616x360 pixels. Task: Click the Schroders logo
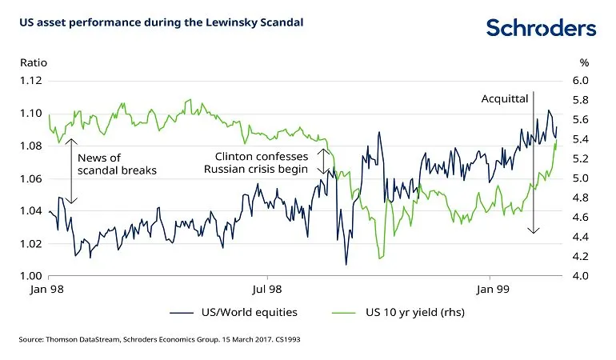(x=541, y=27)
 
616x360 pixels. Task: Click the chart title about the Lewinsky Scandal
(x=162, y=22)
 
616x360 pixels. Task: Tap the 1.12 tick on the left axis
(x=30, y=81)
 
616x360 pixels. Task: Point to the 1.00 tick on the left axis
(x=30, y=276)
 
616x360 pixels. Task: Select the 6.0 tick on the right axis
(x=580, y=81)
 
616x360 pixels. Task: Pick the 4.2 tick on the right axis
(x=580, y=256)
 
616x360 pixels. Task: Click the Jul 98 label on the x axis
(x=267, y=290)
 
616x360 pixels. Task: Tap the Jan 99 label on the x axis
(x=493, y=290)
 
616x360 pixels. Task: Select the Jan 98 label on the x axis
(x=46, y=290)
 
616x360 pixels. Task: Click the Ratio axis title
(x=34, y=63)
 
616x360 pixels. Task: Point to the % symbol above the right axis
(x=584, y=63)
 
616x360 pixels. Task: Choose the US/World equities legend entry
(x=234, y=313)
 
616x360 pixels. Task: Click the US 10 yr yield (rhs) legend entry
(x=398, y=313)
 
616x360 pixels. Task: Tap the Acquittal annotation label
(x=505, y=98)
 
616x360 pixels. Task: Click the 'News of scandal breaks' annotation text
(x=117, y=164)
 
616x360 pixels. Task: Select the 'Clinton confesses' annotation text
(x=262, y=157)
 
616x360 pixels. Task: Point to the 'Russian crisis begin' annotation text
(x=256, y=169)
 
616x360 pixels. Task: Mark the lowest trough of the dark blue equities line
(x=346, y=265)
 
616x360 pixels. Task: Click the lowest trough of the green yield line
(x=379, y=258)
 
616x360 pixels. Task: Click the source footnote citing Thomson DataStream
(x=159, y=339)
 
